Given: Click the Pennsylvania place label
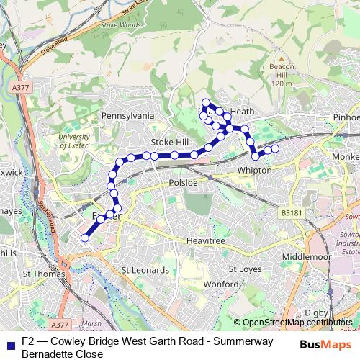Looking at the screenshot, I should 128,115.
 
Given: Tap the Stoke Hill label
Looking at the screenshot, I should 170,142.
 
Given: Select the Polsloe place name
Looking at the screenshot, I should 182,184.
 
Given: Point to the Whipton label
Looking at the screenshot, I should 254,171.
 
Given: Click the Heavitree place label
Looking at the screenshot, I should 197,240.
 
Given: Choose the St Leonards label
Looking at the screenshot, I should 145,270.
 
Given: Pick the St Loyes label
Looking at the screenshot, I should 243,269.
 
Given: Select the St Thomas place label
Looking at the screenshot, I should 44,274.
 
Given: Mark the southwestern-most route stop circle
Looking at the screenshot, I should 85,238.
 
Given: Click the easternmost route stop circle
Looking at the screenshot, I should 275,148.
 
